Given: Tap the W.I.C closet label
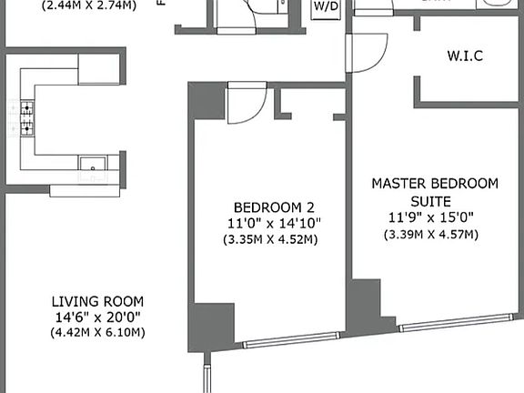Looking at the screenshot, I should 464,55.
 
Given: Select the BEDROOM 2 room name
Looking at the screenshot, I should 268,205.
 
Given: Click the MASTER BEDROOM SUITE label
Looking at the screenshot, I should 434,191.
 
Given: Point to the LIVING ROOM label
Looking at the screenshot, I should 97,301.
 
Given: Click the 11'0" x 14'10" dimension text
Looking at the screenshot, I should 270,223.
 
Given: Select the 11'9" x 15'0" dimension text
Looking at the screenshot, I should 432,218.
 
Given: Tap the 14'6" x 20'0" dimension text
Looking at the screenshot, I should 97,317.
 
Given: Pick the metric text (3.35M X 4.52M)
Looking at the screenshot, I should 270,240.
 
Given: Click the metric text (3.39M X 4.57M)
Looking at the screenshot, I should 432,235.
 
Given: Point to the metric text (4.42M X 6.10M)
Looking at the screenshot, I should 97,333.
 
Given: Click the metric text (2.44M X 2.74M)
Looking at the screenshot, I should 78,5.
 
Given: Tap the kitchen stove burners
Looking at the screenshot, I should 27,116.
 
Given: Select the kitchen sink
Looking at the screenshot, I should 91,165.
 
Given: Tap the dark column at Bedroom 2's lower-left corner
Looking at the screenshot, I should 202,327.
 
